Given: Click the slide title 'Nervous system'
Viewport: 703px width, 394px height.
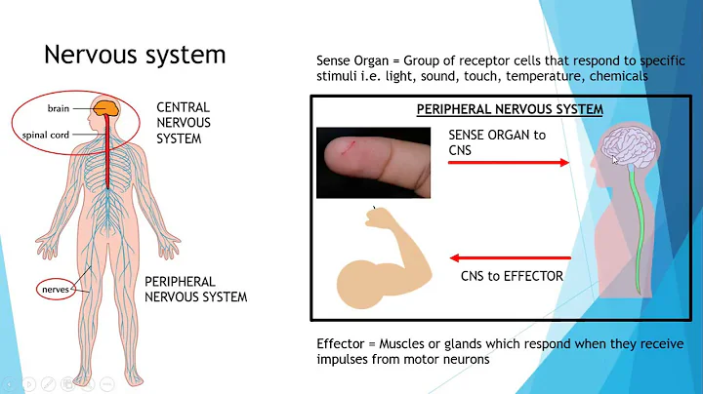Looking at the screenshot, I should pyautogui.click(x=135, y=54).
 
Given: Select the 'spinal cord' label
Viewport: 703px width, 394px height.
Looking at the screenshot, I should pyautogui.click(x=48, y=135).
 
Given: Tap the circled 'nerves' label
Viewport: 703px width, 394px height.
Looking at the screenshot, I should pyautogui.click(x=56, y=289).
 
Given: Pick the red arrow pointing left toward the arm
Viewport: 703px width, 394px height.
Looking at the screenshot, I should pyautogui.click(x=508, y=257).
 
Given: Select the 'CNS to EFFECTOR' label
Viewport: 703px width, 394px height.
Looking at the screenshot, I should pyautogui.click(x=512, y=276).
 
